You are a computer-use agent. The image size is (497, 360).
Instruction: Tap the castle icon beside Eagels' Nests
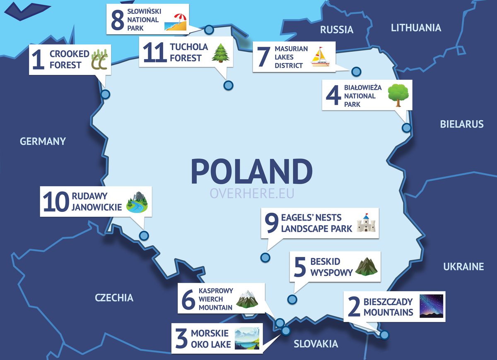click(366, 223)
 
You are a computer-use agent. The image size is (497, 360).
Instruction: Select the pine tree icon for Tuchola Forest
click(221, 53)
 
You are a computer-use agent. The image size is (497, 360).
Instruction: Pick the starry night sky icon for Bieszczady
click(431, 306)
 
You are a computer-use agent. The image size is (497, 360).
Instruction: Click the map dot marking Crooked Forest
click(106, 94)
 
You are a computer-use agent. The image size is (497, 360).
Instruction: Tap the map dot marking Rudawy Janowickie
click(144, 236)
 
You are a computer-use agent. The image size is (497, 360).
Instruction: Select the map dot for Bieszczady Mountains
click(384, 335)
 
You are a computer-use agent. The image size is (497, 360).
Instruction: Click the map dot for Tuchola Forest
click(228, 86)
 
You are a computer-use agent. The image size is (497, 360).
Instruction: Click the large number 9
click(272, 223)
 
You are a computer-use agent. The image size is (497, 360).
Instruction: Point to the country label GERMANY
click(43, 141)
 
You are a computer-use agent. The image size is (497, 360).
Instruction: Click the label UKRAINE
click(463, 266)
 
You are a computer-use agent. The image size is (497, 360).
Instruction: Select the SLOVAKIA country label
click(316, 344)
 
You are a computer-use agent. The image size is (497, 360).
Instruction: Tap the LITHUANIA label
click(416, 28)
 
